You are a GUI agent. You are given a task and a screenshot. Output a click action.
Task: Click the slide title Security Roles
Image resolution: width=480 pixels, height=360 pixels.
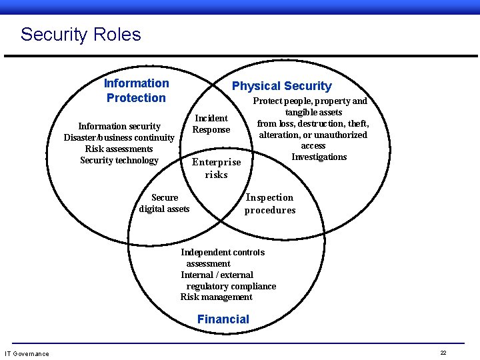click(x=81, y=35)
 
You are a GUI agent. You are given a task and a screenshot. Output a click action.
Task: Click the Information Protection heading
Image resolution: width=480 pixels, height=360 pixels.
click(x=136, y=91)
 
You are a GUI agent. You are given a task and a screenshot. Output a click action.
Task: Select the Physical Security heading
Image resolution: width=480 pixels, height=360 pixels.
click(x=281, y=86)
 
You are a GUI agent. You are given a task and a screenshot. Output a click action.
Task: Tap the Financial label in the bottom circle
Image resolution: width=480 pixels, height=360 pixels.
click(x=223, y=319)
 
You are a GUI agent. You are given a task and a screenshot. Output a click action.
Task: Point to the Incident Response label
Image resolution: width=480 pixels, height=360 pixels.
click(x=211, y=124)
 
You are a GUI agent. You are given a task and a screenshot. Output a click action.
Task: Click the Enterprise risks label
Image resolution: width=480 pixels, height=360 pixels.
click(x=217, y=169)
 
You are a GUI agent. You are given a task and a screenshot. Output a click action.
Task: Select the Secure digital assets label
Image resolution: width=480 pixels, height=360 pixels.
click(x=165, y=203)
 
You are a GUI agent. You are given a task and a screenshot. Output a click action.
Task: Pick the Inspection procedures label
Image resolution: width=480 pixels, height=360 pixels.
click(x=269, y=204)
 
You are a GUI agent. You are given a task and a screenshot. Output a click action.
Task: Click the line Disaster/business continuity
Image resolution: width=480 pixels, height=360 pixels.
click(x=119, y=138)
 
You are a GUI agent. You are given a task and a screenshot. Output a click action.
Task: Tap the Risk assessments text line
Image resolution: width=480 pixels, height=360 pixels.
click(x=119, y=149)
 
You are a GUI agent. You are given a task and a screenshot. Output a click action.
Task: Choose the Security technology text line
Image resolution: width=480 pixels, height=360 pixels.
click(x=119, y=160)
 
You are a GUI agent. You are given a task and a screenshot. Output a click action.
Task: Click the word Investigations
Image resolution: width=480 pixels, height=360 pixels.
click(x=319, y=157)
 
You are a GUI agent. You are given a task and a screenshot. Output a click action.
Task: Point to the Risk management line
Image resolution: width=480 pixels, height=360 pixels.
click(x=217, y=297)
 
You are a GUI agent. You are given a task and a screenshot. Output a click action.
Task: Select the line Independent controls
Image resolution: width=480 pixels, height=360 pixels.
click(x=223, y=253)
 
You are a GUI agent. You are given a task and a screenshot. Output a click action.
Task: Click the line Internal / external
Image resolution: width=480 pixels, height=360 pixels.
click(x=217, y=275)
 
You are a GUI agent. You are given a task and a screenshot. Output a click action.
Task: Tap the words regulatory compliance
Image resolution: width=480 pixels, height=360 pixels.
click(x=231, y=286)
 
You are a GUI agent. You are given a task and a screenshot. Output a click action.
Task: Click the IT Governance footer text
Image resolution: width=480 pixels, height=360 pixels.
click(x=27, y=353)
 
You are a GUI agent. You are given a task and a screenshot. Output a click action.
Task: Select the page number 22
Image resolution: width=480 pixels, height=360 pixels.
click(x=443, y=353)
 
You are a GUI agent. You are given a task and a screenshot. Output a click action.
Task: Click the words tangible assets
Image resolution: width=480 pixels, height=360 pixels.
click(x=313, y=113)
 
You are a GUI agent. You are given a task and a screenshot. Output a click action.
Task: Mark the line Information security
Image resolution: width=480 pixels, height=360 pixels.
click(x=119, y=126)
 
